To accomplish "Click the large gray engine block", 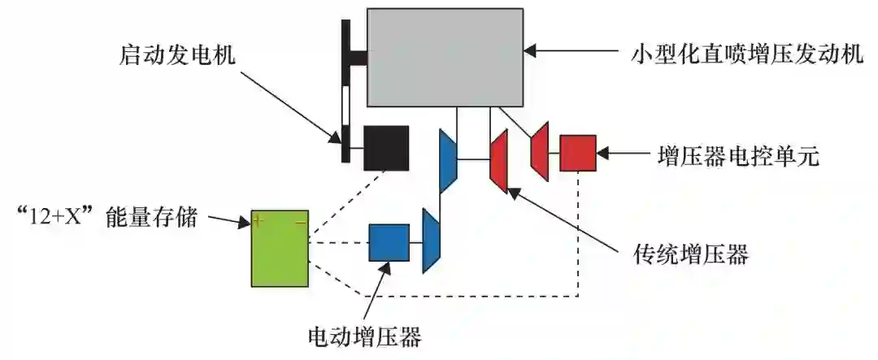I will coord(445,57).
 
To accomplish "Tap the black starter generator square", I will coord(385,148).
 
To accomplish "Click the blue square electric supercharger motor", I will coord(389,242).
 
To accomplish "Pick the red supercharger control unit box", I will coord(578,153).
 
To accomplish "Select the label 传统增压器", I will coord(690,254).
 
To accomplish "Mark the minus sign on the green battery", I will coord(300,220).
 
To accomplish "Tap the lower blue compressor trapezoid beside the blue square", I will coord(430,241).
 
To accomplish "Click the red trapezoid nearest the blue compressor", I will coord(498,161).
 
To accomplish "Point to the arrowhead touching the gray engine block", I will coord(530,50).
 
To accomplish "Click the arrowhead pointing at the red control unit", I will coord(603,153).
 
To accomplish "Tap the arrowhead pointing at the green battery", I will coord(244,220).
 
